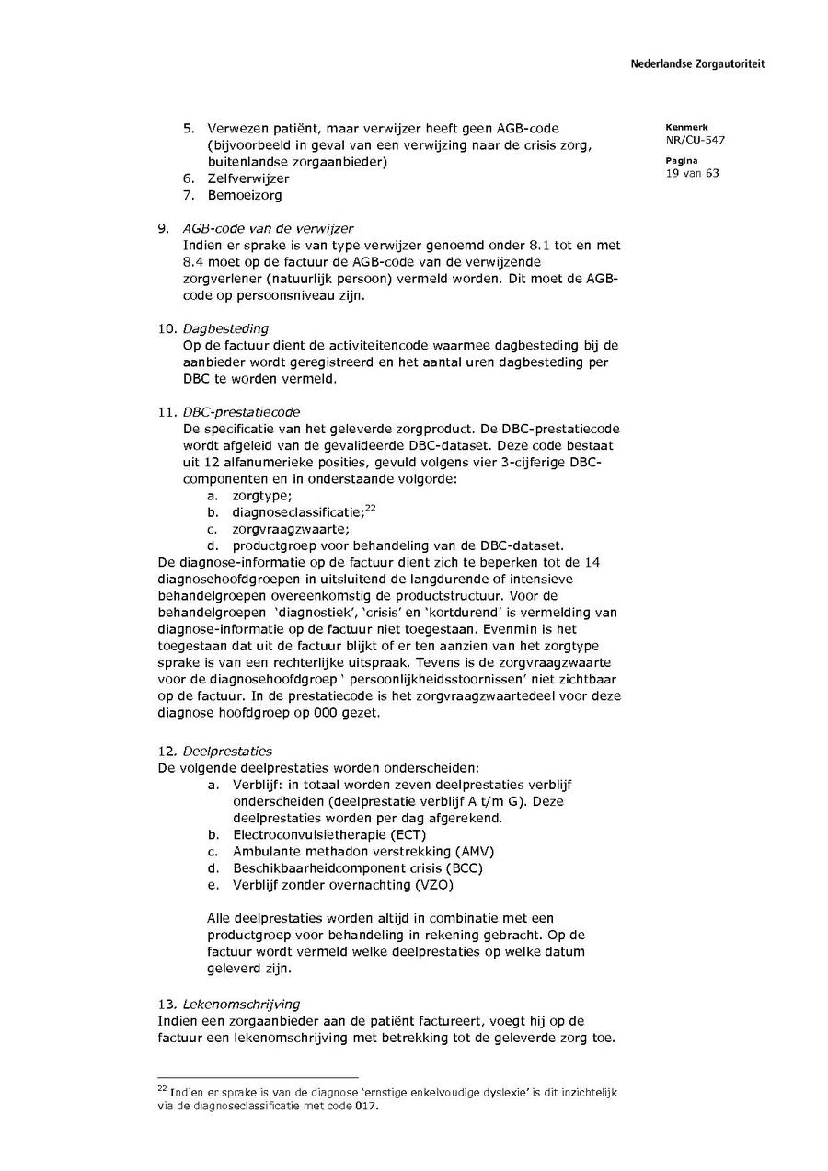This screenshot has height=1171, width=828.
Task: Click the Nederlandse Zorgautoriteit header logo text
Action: pos(697,64)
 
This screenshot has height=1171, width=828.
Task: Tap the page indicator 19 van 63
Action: pos(692,173)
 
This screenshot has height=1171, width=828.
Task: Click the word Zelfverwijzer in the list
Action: pos(248,178)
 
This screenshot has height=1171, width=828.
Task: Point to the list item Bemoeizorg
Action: pos(245,195)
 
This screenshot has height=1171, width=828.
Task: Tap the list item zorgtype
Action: pos(262,495)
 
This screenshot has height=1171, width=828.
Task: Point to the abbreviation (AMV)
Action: pos(475,851)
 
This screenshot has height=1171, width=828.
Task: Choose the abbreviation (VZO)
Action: pos(435,885)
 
